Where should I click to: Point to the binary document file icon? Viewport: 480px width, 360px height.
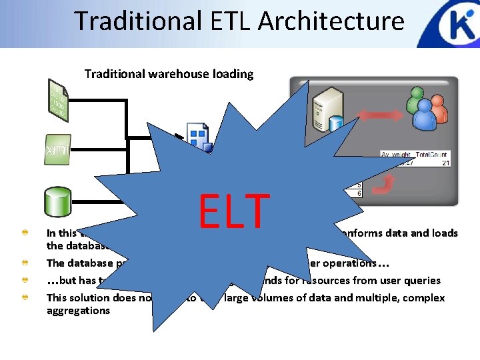(x=58, y=100)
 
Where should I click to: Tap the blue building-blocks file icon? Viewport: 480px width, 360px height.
(x=199, y=137)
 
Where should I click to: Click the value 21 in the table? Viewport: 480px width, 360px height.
(x=445, y=162)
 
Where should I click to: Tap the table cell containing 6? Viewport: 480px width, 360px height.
(x=359, y=193)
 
